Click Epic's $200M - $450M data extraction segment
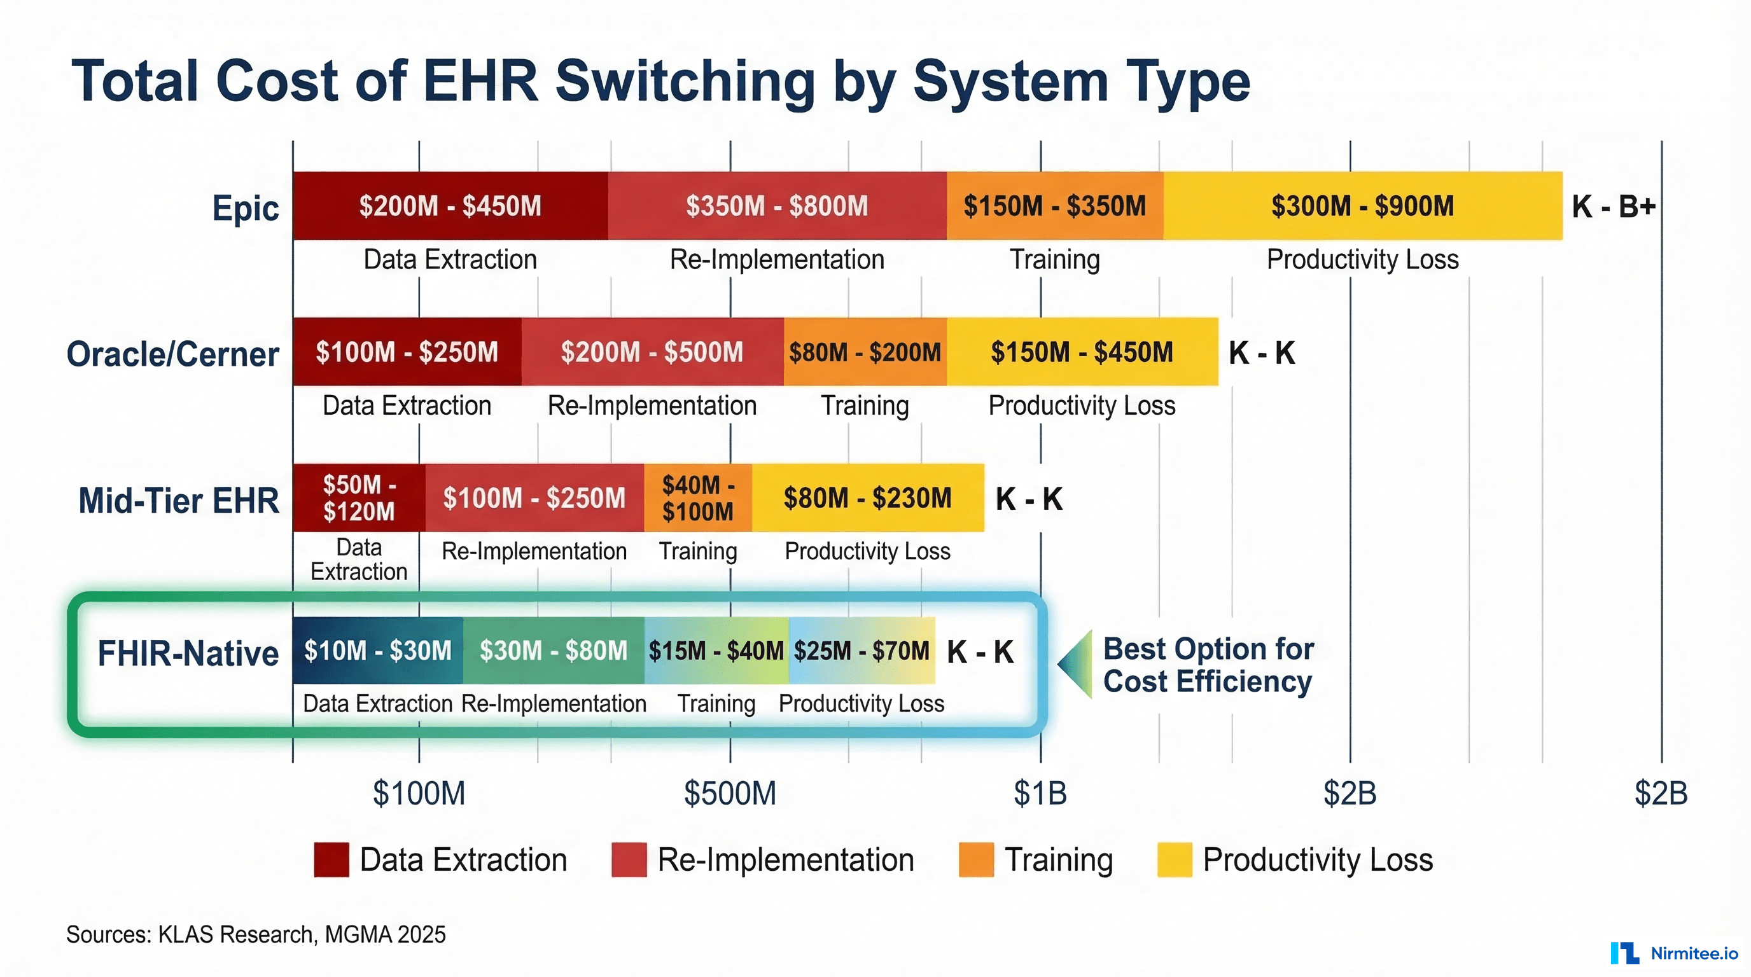[x=450, y=206]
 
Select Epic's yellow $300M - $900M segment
[x=1362, y=206]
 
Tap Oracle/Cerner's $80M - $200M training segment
[x=865, y=352]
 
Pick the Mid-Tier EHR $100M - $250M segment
[x=534, y=498]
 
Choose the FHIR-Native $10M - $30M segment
[x=378, y=650]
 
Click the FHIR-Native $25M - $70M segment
[x=862, y=650]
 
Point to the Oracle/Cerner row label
[x=172, y=354]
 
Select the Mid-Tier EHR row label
[x=179, y=501]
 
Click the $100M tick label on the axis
[x=419, y=793]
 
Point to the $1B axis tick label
[x=1040, y=793]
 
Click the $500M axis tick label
[x=730, y=793]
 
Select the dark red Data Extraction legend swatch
[x=331, y=859]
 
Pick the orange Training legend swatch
[x=976, y=859]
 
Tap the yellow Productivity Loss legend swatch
[x=1175, y=859]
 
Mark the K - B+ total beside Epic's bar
[x=1613, y=206]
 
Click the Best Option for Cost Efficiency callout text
[x=1208, y=665]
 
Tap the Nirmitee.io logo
[x=1674, y=953]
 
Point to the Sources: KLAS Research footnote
[x=256, y=934]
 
